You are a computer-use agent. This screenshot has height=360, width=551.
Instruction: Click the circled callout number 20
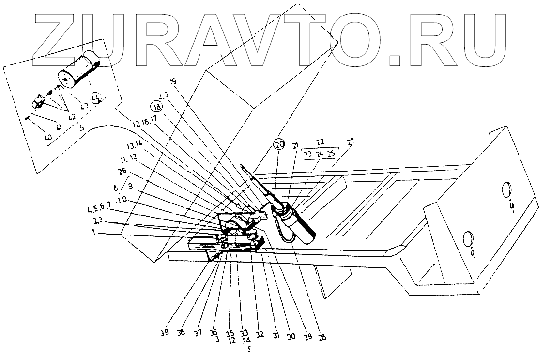pos(278,144)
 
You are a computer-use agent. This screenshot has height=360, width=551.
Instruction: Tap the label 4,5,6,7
pos(100,210)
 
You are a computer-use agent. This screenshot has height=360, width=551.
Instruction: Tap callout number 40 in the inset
pos(48,138)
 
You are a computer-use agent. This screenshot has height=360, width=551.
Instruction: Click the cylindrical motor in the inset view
pos(78,70)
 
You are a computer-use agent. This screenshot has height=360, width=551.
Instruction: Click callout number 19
pos(174,81)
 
